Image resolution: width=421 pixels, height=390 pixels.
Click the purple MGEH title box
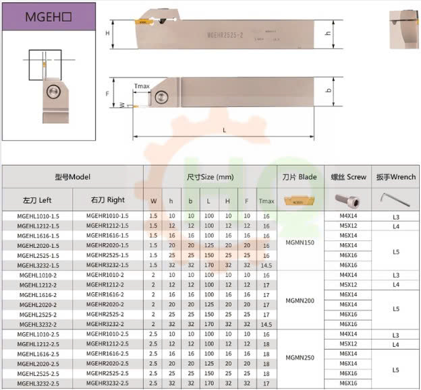click(x=49, y=17)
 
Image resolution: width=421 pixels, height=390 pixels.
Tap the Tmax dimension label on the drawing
click(x=142, y=86)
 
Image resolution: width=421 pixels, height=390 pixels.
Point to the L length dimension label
click(x=224, y=130)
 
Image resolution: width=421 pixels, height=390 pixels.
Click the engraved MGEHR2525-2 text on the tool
click(x=225, y=35)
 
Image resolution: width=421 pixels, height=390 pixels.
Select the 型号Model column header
click(x=73, y=177)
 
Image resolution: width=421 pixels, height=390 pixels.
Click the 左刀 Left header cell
click(x=37, y=200)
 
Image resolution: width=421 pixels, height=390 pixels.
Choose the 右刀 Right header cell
click(x=108, y=200)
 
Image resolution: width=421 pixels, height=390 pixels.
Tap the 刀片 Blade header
click(x=300, y=177)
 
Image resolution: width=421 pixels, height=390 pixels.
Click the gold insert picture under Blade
click(x=300, y=201)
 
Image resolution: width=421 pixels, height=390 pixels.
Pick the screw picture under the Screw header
click(x=347, y=200)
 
